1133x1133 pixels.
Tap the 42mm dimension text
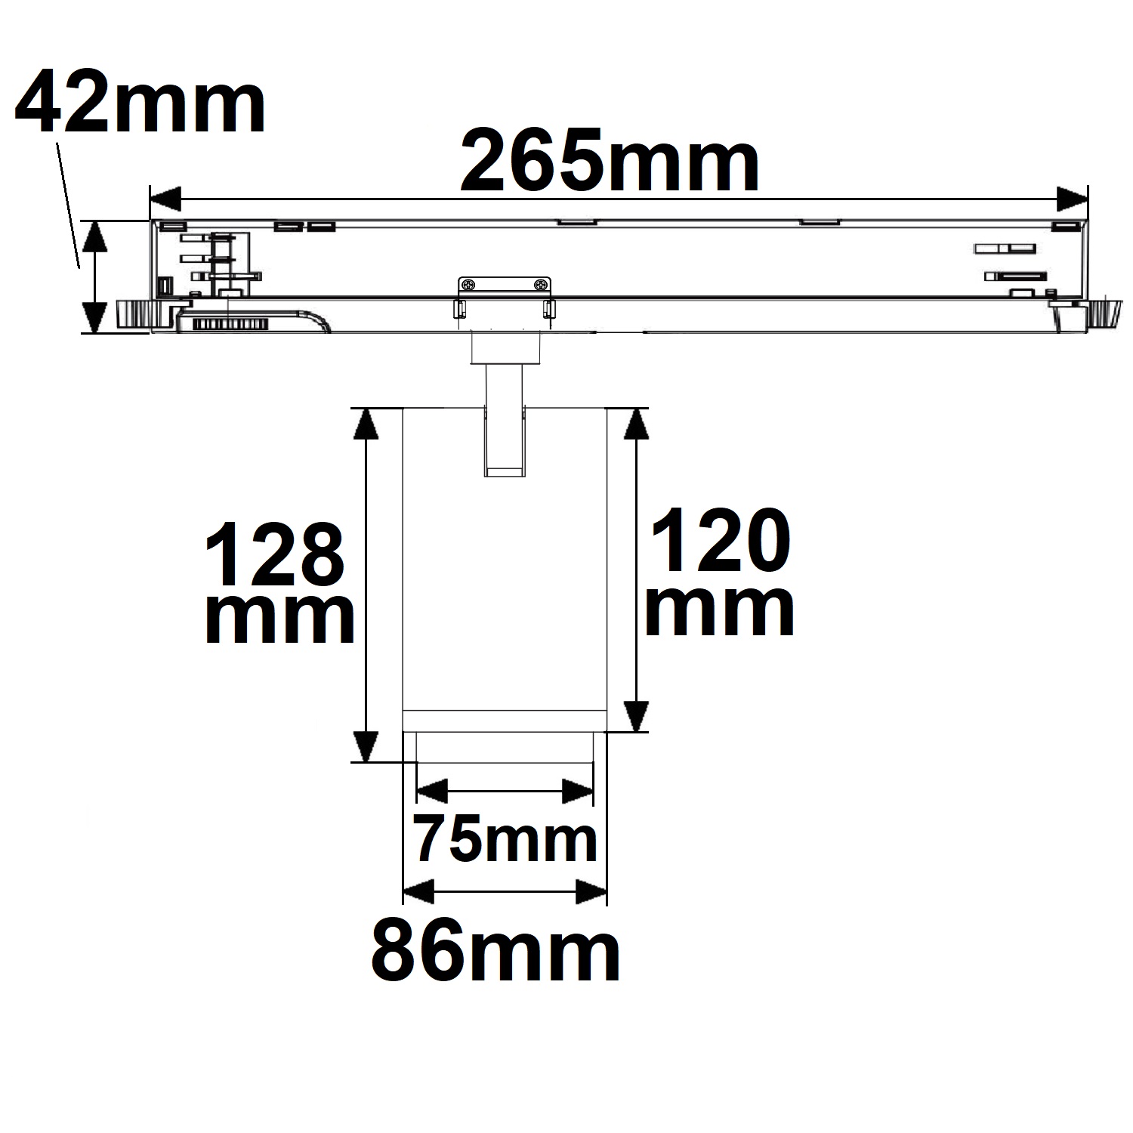[x=140, y=101]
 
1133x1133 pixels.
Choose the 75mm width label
[x=505, y=839]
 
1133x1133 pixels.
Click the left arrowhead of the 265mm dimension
[x=166, y=200]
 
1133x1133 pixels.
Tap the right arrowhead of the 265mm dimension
[x=1071, y=200]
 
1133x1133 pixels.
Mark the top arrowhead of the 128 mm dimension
[x=366, y=424]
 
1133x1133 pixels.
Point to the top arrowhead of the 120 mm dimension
[x=637, y=424]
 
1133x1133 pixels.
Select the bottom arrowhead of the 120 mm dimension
[x=637, y=716]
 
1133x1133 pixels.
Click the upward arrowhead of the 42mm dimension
[x=94, y=236]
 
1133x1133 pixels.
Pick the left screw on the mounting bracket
[x=469, y=285]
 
